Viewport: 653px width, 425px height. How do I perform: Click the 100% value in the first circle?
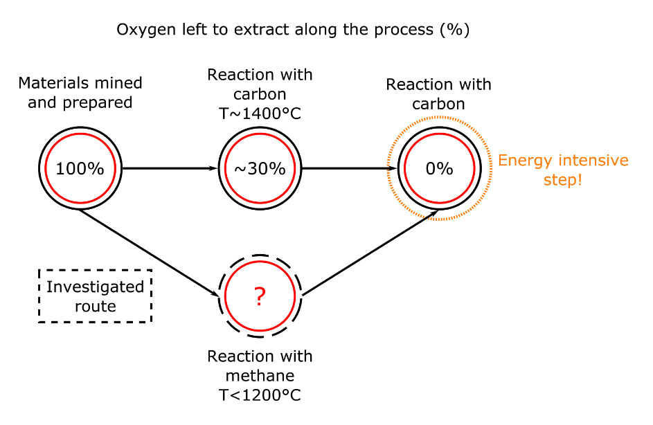click(80, 169)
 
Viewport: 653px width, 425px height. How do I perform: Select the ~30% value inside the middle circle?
click(260, 169)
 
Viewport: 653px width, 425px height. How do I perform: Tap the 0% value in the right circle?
click(439, 169)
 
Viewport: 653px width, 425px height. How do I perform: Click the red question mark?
click(260, 296)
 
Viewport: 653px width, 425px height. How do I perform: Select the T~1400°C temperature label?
click(260, 114)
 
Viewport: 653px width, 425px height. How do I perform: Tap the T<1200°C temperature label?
click(260, 395)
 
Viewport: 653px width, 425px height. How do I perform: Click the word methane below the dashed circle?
click(260, 375)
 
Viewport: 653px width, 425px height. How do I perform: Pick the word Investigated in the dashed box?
click(95, 287)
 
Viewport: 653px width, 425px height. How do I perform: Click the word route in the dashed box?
click(96, 307)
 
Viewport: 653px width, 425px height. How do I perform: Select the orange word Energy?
click(526, 161)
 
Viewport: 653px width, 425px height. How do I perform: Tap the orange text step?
click(562, 180)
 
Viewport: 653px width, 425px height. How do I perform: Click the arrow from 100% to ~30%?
click(170, 169)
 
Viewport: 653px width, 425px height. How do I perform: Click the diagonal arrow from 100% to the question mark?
click(149, 253)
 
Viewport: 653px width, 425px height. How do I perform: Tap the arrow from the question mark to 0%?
click(370, 253)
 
